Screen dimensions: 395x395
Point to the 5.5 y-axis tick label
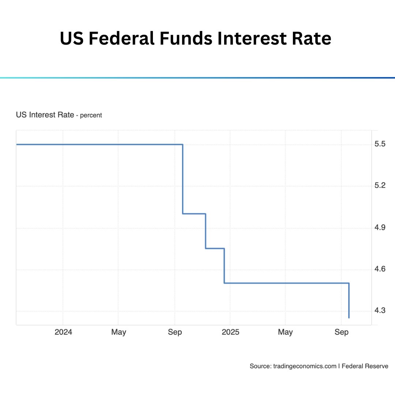coord(380,144)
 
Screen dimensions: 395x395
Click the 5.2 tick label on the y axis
coord(380,185)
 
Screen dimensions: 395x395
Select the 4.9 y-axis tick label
coord(380,228)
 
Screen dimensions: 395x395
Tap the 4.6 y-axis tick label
coord(380,270)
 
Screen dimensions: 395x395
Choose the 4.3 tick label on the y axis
coord(380,311)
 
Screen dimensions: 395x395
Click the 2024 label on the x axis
coord(63,332)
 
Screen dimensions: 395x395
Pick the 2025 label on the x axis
coord(230,332)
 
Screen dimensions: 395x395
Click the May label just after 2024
coord(118,332)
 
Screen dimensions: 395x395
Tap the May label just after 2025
coord(285,332)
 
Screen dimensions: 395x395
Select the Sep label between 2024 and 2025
coord(175,332)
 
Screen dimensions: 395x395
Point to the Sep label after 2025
coord(342,332)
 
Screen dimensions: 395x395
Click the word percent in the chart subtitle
coord(91,115)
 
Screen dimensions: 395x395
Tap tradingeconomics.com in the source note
coord(304,366)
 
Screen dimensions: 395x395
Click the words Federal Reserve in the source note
coord(365,366)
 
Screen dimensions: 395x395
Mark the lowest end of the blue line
coord(349,317)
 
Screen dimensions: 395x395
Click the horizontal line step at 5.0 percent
coord(194,214)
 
